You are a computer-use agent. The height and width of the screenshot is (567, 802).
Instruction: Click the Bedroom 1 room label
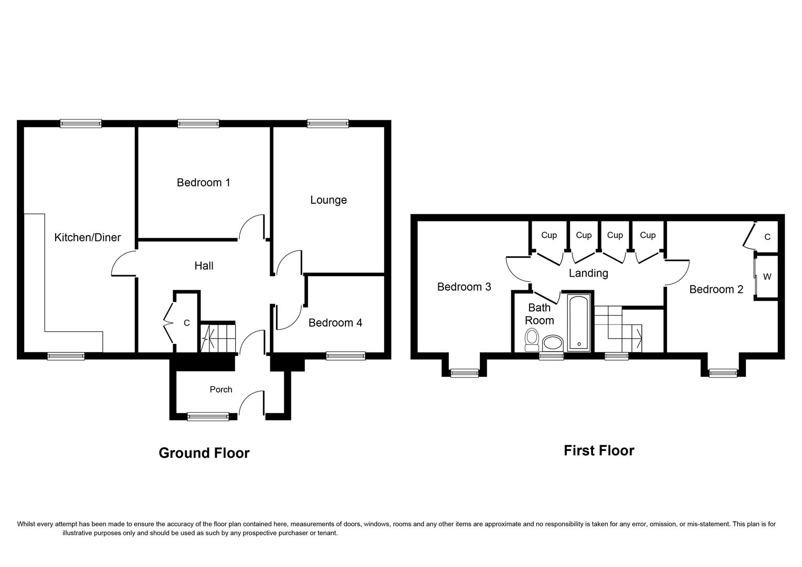(x=203, y=183)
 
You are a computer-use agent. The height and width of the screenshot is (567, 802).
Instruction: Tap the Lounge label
(x=328, y=200)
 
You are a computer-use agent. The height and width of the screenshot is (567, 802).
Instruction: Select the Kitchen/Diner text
(x=88, y=237)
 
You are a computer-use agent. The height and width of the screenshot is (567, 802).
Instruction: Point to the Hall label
(x=204, y=266)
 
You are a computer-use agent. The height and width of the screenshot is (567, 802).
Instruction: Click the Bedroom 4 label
(x=335, y=323)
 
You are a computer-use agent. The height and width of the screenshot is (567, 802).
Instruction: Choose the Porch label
(x=220, y=390)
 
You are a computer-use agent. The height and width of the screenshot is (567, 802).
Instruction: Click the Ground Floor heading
(x=204, y=453)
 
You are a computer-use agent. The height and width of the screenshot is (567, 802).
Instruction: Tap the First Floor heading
(x=599, y=450)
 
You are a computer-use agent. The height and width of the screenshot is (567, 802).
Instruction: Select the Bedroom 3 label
(x=464, y=287)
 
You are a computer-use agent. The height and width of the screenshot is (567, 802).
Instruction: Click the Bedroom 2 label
(x=716, y=289)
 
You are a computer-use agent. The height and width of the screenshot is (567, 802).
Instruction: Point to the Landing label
(x=588, y=273)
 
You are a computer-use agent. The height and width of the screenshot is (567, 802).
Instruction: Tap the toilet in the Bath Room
(x=532, y=340)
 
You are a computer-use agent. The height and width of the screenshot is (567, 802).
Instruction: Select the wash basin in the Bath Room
(x=552, y=344)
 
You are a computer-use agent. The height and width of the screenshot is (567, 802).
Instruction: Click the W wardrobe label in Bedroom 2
(x=767, y=277)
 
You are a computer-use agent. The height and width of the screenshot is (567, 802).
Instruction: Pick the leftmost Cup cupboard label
(x=548, y=235)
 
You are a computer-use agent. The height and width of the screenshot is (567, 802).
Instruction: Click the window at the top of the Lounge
(x=328, y=124)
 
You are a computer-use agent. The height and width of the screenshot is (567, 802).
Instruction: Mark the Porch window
(x=208, y=416)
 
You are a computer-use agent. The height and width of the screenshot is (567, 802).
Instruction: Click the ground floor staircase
(x=218, y=338)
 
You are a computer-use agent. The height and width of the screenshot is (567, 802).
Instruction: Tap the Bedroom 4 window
(x=345, y=356)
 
